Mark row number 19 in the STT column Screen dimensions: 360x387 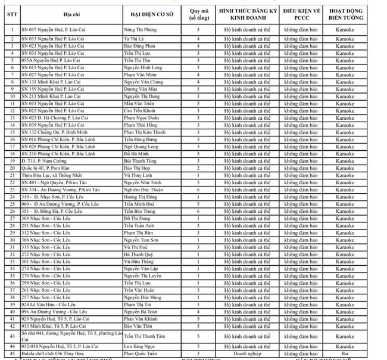point(12,162)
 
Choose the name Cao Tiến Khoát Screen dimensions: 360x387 point(142,110)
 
